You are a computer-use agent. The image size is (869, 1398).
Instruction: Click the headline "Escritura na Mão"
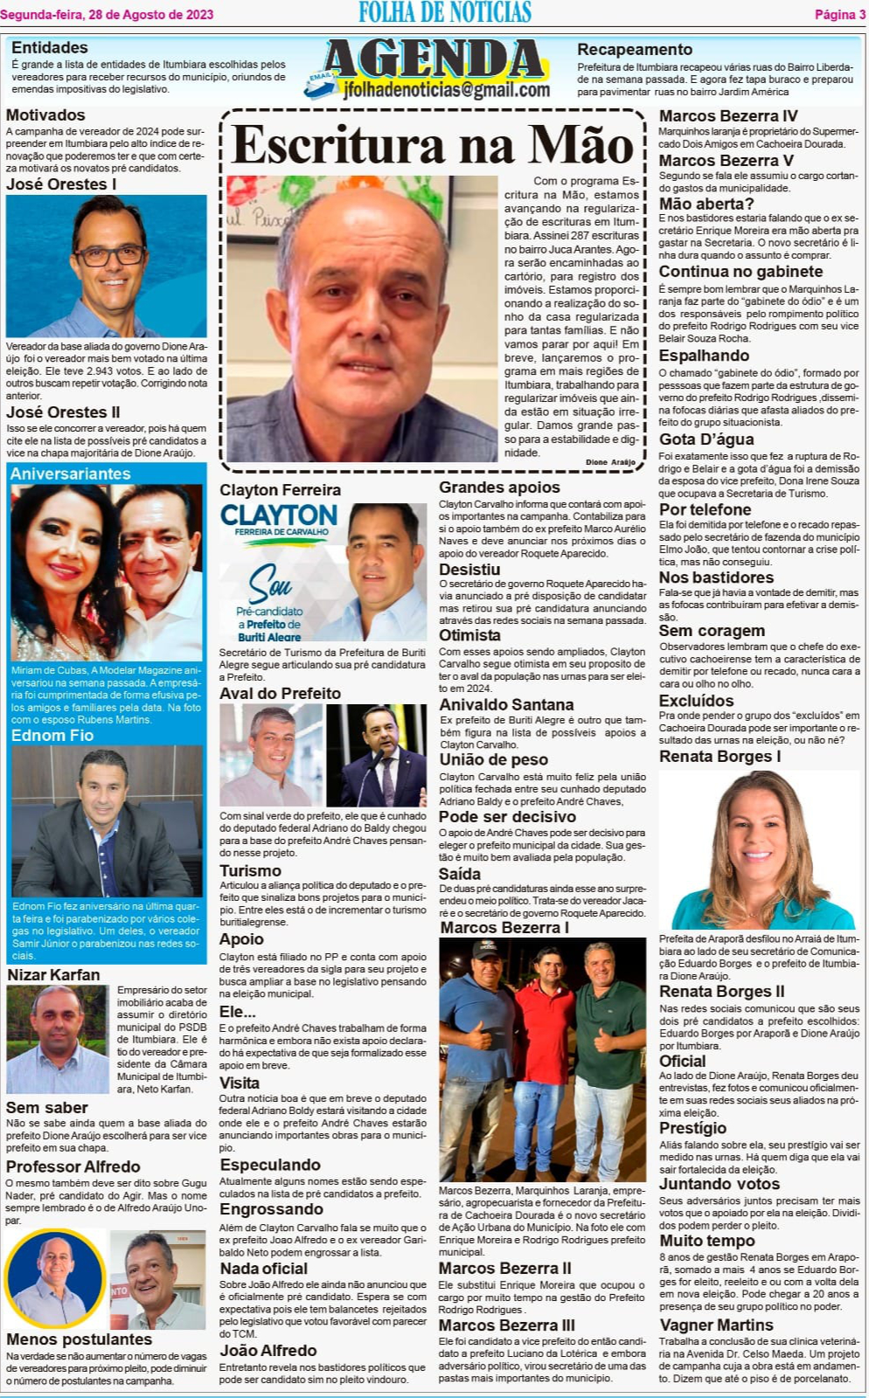coord(433,145)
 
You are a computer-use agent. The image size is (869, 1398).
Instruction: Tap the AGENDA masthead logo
coord(434,59)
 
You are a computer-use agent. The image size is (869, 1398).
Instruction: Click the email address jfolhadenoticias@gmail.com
coord(446,90)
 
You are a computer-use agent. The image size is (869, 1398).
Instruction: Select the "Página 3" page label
coord(839,14)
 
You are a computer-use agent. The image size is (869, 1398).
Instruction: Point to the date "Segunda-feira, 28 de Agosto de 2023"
coord(107,14)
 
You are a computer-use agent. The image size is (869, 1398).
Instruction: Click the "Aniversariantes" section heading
coord(70,474)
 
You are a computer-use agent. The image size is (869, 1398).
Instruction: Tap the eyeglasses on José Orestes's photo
coord(109,254)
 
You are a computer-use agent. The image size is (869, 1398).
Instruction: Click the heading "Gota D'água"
coord(706,439)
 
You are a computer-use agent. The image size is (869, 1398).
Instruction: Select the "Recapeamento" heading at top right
coord(634,50)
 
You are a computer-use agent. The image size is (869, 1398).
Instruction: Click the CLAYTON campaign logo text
coord(279,516)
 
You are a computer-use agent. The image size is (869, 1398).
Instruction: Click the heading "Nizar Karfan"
coord(53,974)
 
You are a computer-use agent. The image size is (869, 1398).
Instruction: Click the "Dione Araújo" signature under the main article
coord(610,461)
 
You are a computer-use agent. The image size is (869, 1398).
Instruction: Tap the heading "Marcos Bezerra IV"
coord(727,116)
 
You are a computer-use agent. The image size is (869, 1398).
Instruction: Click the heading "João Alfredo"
coord(268,1351)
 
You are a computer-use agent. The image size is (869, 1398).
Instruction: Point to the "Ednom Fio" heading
coord(52,736)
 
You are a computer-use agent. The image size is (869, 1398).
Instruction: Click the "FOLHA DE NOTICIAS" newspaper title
coord(445,12)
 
